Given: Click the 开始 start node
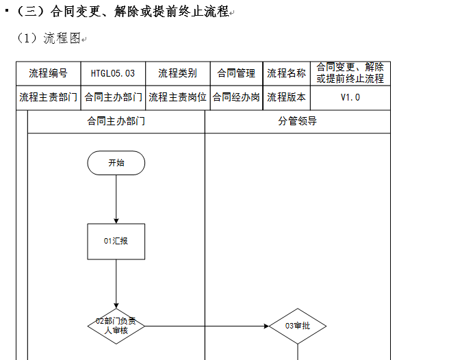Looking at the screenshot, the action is pos(116,163).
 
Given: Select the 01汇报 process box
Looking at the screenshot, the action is pos(116,242).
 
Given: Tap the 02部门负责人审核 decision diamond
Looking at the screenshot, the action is pos(116,326).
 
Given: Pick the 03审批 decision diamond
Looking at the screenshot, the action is pos(298,326).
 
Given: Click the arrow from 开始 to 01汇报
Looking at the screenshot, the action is pos(116,199).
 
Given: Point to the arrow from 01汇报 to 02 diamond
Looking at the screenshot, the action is pos(116,284).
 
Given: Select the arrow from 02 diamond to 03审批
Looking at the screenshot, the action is pos(207,326).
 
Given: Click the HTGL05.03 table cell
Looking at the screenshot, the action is pos(113,73).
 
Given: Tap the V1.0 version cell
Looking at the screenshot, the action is pos(350,98).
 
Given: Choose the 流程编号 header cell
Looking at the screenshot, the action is pos(49,73).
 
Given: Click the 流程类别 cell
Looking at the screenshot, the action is pos(178,73).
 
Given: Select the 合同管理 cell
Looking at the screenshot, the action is pos(237,73).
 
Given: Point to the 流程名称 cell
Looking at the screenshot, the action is pos(287,73).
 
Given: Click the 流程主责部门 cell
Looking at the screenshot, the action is pos(49,98).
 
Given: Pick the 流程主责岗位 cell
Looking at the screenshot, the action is pos(178,98).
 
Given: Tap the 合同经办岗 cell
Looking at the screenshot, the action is pos(237,98).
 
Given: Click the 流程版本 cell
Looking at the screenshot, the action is pos(287,98).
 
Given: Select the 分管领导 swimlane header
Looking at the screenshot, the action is pos(298,121).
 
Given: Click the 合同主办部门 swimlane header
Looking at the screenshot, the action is pos(116,121).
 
